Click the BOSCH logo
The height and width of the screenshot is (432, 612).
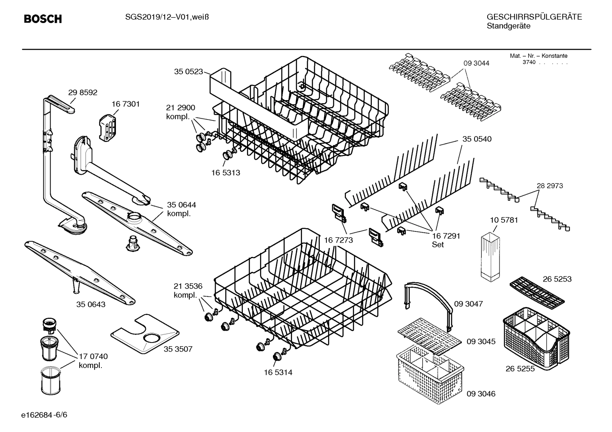pyautogui.click(x=43, y=19)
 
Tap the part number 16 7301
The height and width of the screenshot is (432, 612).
pyautogui.click(x=126, y=104)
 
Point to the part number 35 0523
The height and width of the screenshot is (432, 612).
pyautogui.click(x=188, y=72)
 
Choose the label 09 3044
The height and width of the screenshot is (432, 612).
pyautogui.click(x=476, y=63)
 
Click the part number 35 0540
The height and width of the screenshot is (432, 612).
pyautogui.click(x=477, y=139)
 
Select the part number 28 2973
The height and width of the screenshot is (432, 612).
pyautogui.click(x=550, y=186)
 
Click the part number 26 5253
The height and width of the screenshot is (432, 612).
pyautogui.click(x=557, y=279)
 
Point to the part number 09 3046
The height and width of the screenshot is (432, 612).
pyautogui.click(x=481, y=394)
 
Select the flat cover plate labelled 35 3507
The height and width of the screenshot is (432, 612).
pyautogui.click(x=145, y=334)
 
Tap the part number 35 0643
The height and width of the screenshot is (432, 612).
pyautogui.click(x=91, y=304)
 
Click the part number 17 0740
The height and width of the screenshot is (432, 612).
pyautogui.click(x=93, y=357)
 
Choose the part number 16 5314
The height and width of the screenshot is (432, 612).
pyautogui.click(x=278, y=373)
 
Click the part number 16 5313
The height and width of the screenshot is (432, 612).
pyautogui.click(x=226, y=173)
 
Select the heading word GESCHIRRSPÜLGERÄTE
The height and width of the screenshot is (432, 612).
pyautogui.click(x=534, y=17)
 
